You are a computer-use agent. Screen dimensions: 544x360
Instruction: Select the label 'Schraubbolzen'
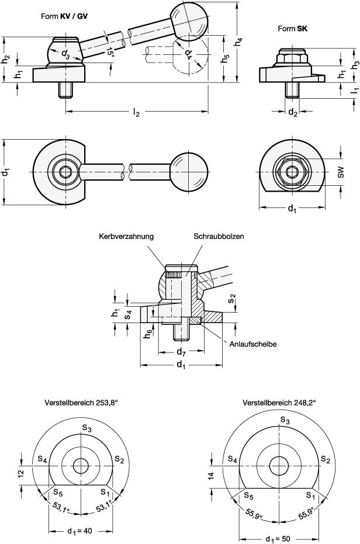219,237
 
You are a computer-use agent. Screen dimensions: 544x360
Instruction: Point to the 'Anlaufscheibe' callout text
252,344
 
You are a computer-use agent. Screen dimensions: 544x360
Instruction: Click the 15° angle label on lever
110,53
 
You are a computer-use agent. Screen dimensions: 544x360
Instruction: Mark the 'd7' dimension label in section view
181,352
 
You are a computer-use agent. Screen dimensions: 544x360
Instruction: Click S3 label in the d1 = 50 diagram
284,420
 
